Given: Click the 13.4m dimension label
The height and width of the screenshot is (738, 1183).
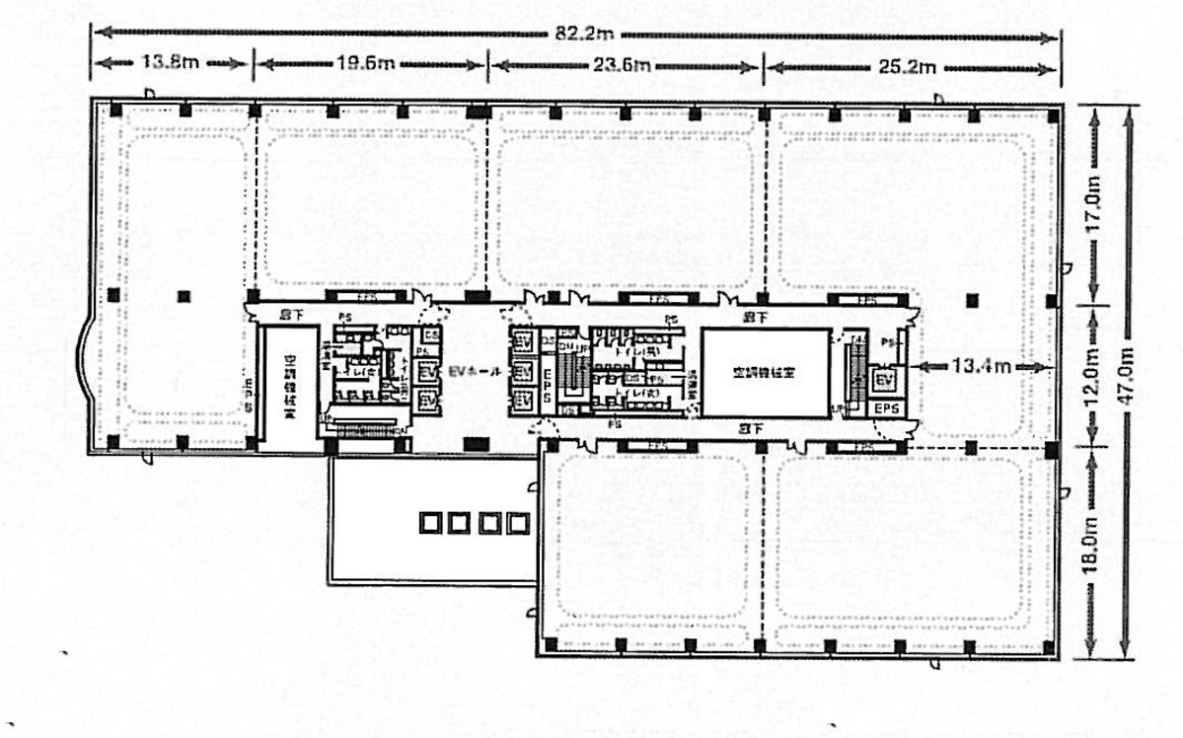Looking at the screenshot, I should (x=980, y=366).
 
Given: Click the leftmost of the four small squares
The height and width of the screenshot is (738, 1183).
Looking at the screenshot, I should (x=430, y=522).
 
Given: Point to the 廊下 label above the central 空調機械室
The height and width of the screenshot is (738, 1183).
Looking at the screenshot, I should (x=756, y=317).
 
